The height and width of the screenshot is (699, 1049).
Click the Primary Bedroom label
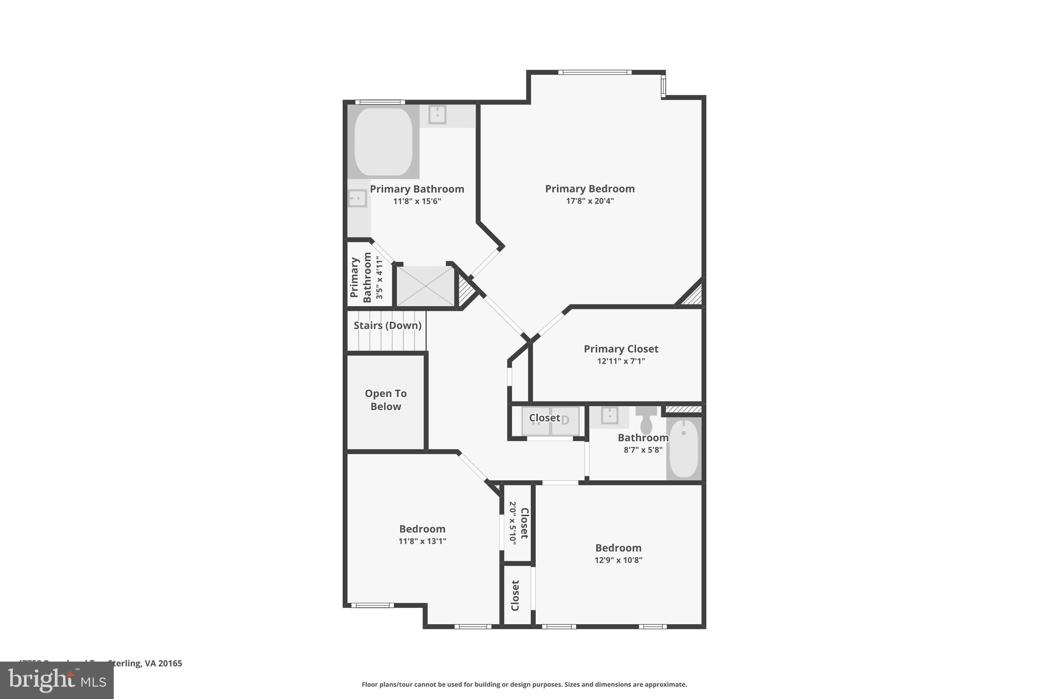[x=590, y=189]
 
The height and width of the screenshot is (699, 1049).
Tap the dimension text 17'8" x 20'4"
[x=590, y=201]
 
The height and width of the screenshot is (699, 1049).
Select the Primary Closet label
[x=621, y=349]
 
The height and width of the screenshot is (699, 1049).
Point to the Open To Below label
[x=386, y=400]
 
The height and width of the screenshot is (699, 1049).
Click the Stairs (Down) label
[x=387, y=326]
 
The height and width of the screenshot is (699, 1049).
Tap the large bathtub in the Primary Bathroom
[x=383, y=142]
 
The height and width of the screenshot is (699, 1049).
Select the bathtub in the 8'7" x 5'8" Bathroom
[x=683, y=449]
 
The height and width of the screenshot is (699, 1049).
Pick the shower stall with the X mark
[x=426, y=287]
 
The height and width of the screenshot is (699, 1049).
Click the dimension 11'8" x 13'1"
[x=422, y=541]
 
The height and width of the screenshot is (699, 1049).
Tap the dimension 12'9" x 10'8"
[x=618, y=560]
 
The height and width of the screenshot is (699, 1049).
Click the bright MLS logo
[x=57, y=680]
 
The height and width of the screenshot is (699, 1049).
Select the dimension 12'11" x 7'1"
[x=621, y=361]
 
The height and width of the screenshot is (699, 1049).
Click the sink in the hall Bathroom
[x=609, y=416]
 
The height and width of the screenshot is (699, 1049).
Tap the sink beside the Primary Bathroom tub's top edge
[x=437, y=115]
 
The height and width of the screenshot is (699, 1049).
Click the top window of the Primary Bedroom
[x=594, y=72]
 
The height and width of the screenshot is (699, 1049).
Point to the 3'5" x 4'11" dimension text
[x=380, y=278]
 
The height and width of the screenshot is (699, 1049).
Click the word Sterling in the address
[x=125, y=663]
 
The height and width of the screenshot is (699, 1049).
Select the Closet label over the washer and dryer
[x=544, y=418]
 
